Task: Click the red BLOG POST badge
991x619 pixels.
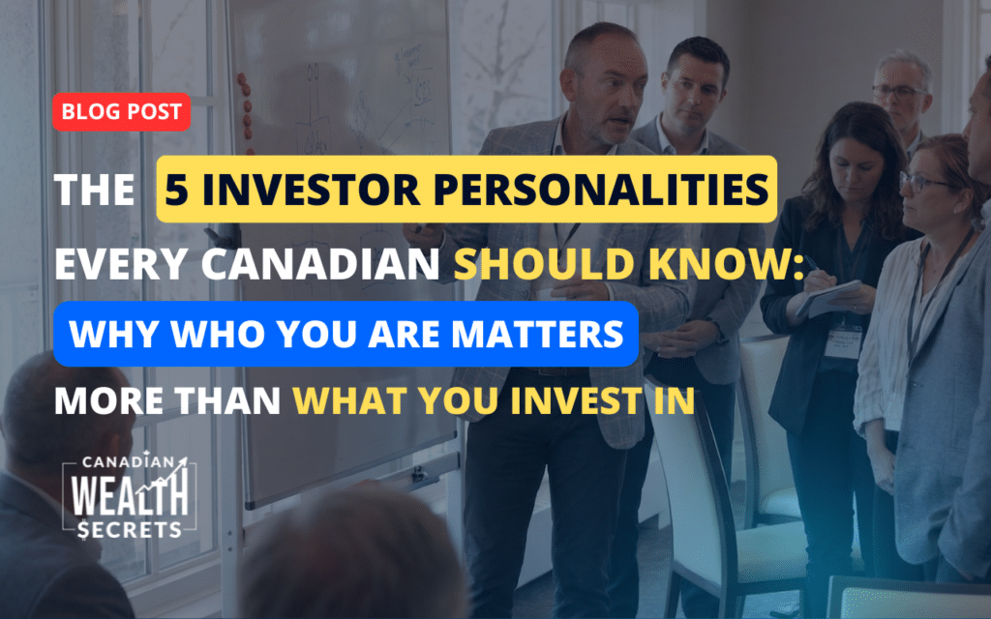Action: tap(121, 112)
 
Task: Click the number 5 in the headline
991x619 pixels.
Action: tap(177, 189)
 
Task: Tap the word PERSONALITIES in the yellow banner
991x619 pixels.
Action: tap(601, 189)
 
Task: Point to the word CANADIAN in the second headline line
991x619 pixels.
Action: tap(319, 264)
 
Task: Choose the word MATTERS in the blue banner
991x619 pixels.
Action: tap(537, 334)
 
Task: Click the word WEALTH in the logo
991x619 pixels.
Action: tap(130, 495)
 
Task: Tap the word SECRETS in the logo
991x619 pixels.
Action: tap(130, 529)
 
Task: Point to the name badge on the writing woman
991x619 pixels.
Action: tap(843, 343)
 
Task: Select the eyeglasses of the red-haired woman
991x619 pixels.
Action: tap(926, 183)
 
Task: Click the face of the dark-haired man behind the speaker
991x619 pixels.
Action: tap(692, 92)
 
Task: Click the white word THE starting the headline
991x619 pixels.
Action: tap(95, 189)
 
